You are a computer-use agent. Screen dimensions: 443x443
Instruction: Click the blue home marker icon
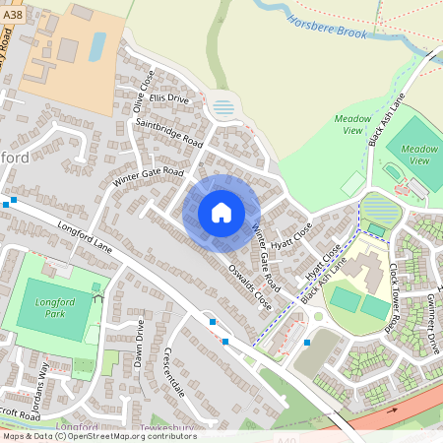pos(221,212)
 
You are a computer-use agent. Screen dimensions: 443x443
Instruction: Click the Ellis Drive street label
pos(169,99)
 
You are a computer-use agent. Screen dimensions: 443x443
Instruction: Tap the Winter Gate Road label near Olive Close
pos(148,177)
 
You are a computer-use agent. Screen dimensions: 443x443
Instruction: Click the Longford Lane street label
pos(87,239)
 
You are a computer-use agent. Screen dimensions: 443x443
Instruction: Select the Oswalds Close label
pos(249,284)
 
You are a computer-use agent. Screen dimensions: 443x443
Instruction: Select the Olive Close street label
pos(144,90)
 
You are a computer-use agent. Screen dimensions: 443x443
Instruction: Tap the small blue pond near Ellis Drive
pos(224,106)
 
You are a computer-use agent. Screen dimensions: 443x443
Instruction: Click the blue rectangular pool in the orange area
pos(97,45)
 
